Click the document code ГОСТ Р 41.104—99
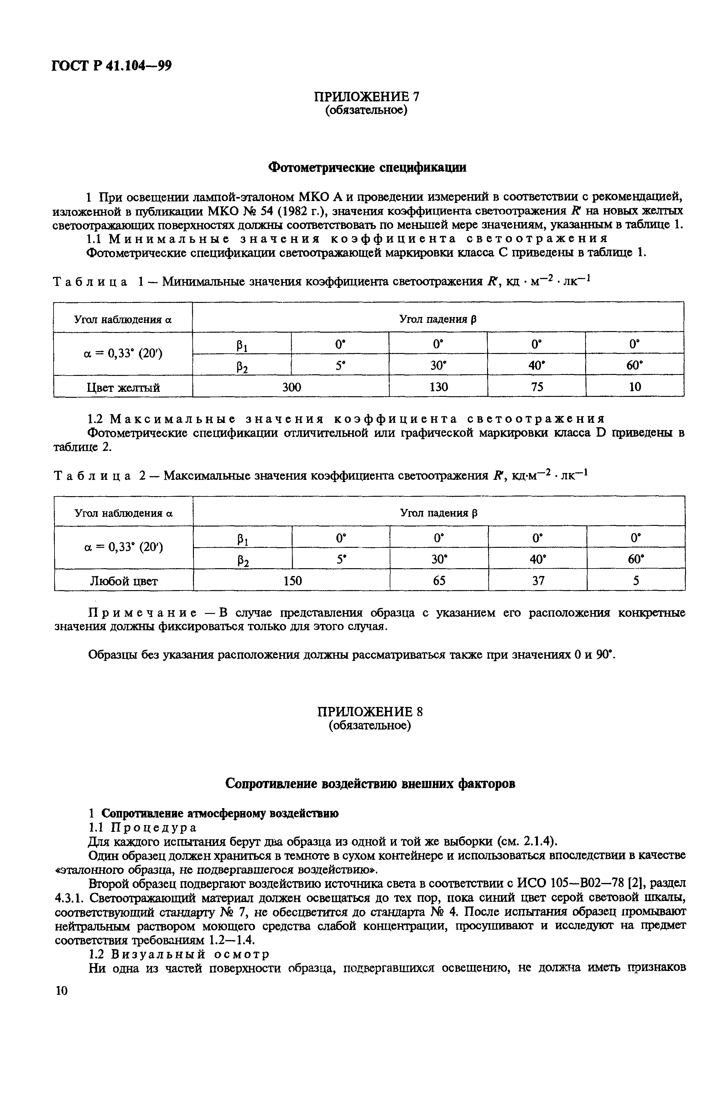tap(112, 66)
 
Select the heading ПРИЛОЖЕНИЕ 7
tap(367, 96)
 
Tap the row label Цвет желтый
tap(123, 387)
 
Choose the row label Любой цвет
tap(124, 581)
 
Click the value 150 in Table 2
tap(292, 581)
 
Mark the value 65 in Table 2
tap(439, 581)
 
